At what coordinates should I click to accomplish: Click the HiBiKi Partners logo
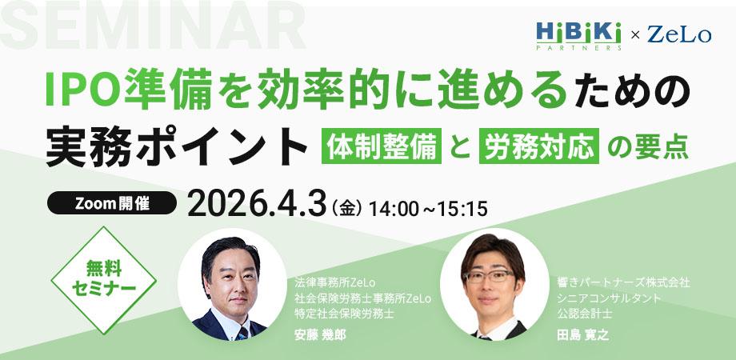[579, 36]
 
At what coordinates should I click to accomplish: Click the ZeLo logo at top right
[680, 34]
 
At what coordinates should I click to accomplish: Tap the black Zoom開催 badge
[112, 203]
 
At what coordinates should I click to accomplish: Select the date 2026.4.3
[257, 205]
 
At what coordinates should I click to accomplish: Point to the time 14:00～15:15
[428, 209]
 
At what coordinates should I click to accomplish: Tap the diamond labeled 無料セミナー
[104, 280]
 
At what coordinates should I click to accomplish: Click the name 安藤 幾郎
[320, 336]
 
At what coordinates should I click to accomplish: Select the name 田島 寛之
[582, 336]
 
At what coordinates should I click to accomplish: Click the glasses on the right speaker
[489, 277]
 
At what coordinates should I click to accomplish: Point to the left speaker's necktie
[242, 334]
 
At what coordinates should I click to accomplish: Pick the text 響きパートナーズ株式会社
[623, 283]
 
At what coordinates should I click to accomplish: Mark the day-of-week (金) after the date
[346, 208]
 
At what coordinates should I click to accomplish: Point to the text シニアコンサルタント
[609, 298]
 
